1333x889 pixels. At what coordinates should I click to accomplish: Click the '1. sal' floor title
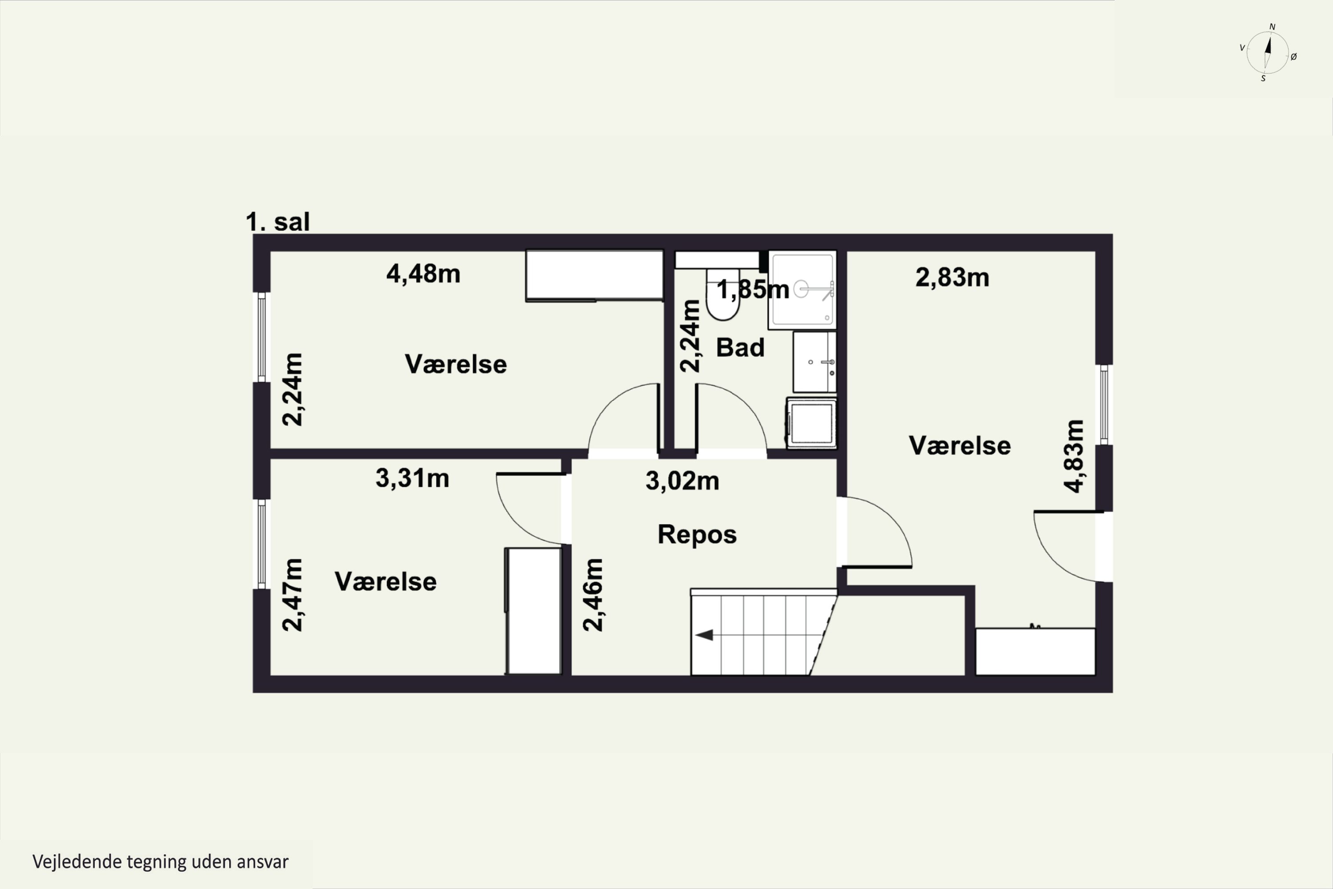click(x=278, y=222)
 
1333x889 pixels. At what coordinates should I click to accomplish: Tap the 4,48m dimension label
click(x=423, y=274)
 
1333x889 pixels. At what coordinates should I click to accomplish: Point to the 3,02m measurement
click(x=682, y=481)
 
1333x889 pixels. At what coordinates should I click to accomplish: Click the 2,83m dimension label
click(x=952, y=278)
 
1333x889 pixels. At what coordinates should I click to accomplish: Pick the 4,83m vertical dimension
click(x=1074, y=456)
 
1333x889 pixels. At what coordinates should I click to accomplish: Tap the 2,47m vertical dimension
click(x=292, y=595)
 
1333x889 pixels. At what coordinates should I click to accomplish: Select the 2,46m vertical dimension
click(x=593, y=595)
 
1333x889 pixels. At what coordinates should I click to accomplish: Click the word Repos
click(x=697, y=535)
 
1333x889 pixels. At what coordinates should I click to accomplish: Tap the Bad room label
click(x=740, y=348)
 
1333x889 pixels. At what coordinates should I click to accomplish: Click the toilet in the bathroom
click(x=723, y=294)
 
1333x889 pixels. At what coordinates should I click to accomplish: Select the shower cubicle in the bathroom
click(x=802, y=290)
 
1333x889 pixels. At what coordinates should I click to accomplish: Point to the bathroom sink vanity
click(x=814, y=362)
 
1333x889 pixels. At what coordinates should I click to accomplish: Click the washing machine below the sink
click(x=811, y=423)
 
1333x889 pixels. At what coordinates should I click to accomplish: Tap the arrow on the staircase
click(x=704, y=635)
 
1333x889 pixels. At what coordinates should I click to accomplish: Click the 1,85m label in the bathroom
click(x=753, y=290)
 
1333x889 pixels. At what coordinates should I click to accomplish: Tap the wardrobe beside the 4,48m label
click(x=595, y=276)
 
